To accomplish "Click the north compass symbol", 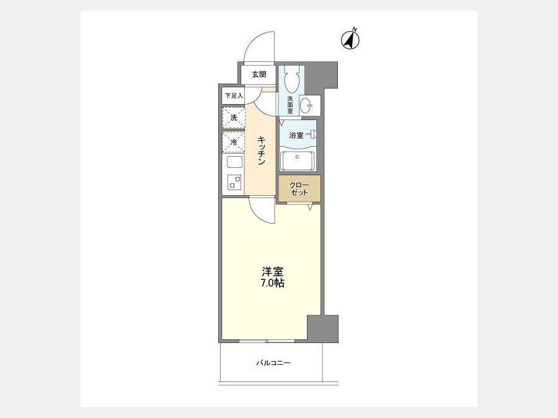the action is click(x=350, y=39).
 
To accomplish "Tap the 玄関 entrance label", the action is click(x=259, y=75).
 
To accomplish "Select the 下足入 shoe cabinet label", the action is click(x=234, y=95).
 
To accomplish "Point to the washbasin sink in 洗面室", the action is click(x=306, y=105).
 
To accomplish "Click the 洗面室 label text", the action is click(x=290, y=105).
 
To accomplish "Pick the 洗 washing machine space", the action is click(x=234, y=117).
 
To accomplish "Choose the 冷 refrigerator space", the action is click(x=234, y=142).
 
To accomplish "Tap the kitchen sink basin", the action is click(x=234, y=162).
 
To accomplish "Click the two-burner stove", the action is click(x=234, y=182).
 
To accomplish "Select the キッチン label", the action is click(x=262, y=150).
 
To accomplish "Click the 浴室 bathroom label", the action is click(x=296, y=135).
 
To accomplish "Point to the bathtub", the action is click(x=298, y=160).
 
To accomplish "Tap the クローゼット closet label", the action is click(x=299, y=189).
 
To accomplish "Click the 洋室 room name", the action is click(x=273, y=272).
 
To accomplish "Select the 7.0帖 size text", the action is click(x=273, y=283).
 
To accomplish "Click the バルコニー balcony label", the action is click(x=273, y=363).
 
